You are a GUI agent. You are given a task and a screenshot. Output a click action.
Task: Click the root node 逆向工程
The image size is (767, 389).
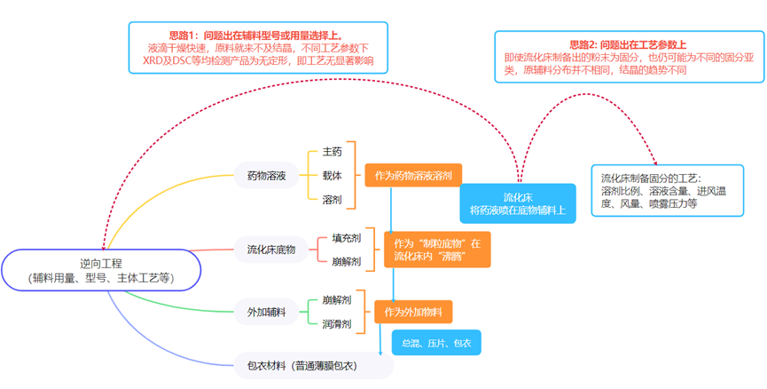pyautogui.click(x=101, y=270)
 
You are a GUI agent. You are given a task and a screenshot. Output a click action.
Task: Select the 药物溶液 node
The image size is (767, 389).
pyautogui.click(x=266, y=176)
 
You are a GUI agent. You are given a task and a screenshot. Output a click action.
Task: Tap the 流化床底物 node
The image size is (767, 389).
pyautogui.click(x=270, y=250)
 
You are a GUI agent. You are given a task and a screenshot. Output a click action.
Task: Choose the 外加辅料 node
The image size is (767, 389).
pyautogui.click(x=266, y=311)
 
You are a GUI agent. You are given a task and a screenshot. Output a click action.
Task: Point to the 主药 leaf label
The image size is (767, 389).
pyautogui.click(x=332, y=152)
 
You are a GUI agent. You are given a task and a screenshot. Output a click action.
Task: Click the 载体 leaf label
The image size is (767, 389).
pyautogui.click(x=332, y=176)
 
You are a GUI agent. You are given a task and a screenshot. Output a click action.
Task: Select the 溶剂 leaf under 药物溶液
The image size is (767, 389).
pyautogui.click(x=332, y=200)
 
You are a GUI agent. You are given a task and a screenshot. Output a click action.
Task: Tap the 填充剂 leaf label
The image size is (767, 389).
pyautogui.click(x=346, y=238)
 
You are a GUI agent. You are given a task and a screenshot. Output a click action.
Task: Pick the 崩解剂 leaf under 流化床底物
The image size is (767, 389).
pyautogui.click(x=346, y=261)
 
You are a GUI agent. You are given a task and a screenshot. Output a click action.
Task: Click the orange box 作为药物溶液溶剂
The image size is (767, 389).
pyautogui.click(x=413, y=176)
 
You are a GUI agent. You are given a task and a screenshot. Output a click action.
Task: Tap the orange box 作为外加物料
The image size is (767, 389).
pyautogui.click(x=413, y=312)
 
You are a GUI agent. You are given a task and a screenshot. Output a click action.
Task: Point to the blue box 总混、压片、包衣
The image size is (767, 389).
pyautogui.click(x=436, y=343)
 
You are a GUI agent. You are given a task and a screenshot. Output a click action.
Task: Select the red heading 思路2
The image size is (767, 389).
pyautogui.click(x=627, y=44)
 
